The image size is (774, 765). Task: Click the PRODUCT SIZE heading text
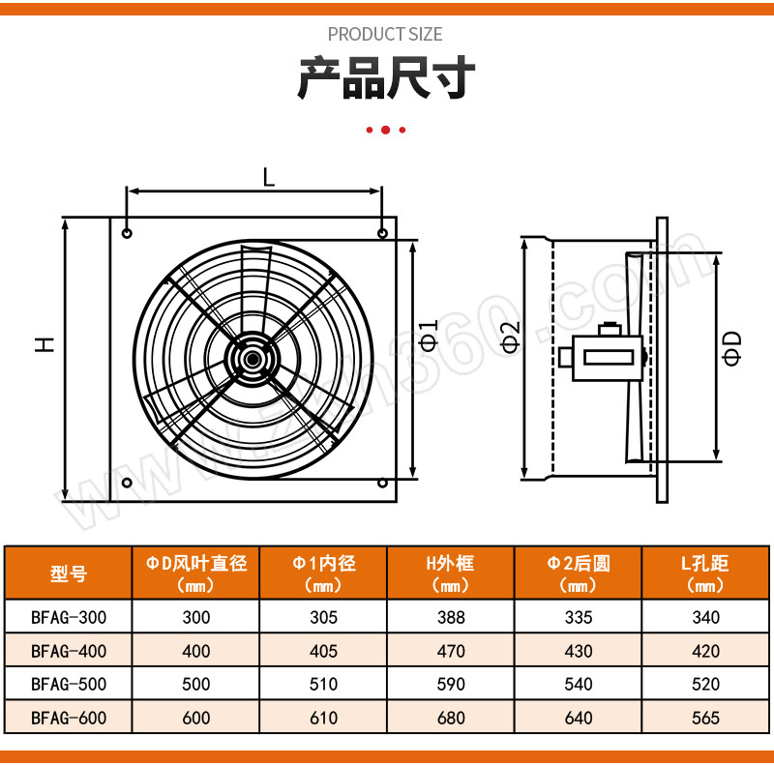tap(385, 34)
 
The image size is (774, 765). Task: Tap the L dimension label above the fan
tap(269, 177)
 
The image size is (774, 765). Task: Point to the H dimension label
tap(45, 344)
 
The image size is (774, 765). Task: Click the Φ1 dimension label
tap(429, 336)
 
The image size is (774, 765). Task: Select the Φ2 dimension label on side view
tap(511, 337)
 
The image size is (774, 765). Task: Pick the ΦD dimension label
tap(732, 348)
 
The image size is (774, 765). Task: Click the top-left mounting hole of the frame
tap(127, 233)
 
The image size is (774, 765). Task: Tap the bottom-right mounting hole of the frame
tap(382, 483)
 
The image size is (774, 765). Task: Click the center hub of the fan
tap(253, 359)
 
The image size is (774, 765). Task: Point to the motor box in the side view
tap(608, 358)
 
